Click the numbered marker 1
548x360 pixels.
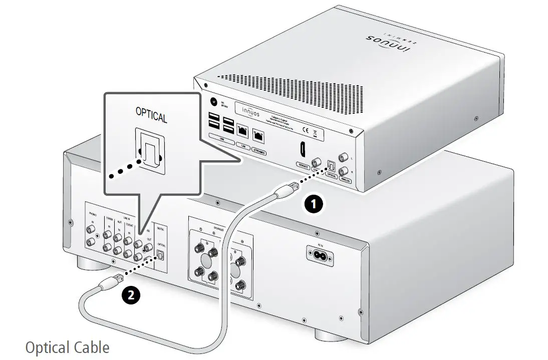click(x=314, y=204)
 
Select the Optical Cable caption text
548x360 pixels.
click(x=67, y=347)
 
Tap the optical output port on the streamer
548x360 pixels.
click(x=331, y=165)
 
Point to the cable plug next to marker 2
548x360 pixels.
click(x=109, y=283)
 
